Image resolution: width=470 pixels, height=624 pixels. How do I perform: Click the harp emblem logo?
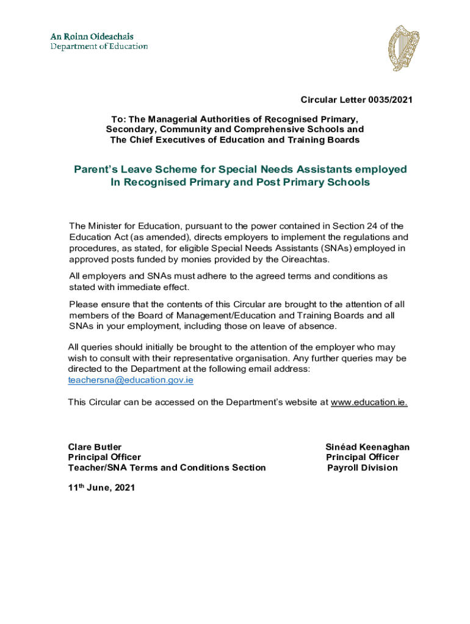(x=404, y=48)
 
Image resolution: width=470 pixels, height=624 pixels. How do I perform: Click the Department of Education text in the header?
(x=99, y=46)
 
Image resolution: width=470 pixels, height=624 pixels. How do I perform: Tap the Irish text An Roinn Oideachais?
(x=92, y=37)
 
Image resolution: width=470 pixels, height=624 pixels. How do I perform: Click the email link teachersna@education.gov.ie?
(x=131, y=380)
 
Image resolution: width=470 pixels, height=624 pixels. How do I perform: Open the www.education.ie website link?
(x=369, y=402)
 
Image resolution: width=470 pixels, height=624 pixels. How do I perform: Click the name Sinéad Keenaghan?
(x=367, y=447)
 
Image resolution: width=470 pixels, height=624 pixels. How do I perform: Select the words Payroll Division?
(x=363, y=468)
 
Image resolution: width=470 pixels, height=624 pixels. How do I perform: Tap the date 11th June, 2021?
(x=101, y=487)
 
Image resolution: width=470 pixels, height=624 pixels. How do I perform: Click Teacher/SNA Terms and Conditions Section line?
(x=167, y=468)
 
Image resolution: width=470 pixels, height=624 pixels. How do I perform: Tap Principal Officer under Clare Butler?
(x=104, y=458)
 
